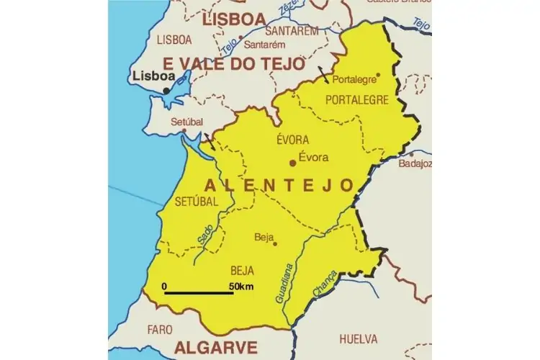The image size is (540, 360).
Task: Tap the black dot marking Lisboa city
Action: [167, 90]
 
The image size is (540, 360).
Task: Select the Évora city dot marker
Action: [292, 163]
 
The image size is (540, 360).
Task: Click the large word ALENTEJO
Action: [279, 185]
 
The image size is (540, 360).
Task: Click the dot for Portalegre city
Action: [378, 74]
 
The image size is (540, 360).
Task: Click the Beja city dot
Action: [274, 242]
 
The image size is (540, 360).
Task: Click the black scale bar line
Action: [199, 293]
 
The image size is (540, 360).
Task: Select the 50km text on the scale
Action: [242, 287]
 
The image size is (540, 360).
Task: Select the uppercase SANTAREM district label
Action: [292, 32]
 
